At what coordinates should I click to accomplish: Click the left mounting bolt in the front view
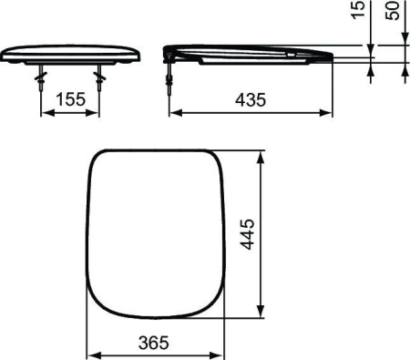(x=41, y=77)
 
